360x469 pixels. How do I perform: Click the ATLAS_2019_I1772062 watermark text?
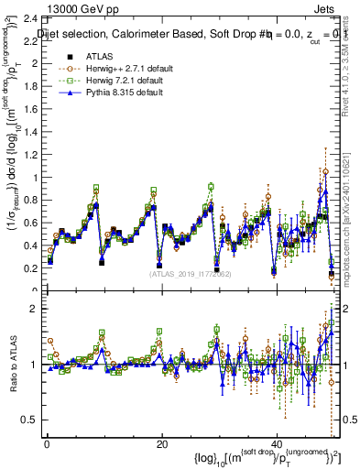(x=190, y=273)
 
